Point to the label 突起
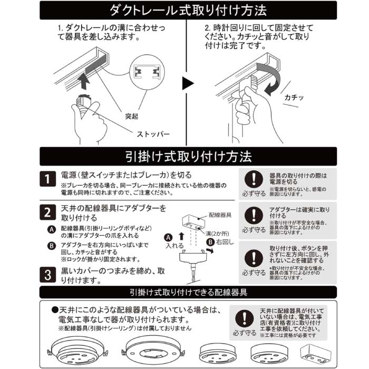point(133,115)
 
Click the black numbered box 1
point(47,179)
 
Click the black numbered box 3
point(47,275)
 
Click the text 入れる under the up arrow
point(174,246)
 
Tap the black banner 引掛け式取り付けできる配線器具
point(188,292)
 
